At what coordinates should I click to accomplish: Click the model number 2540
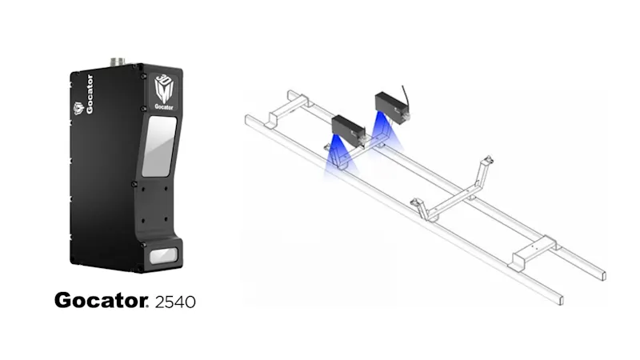174,302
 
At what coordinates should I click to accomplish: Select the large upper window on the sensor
159,146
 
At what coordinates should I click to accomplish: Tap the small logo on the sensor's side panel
78,108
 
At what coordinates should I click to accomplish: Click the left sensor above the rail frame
347,127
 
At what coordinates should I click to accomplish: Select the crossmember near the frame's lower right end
532,249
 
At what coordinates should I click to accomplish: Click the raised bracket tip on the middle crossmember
486,155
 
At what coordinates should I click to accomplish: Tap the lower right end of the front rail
557,300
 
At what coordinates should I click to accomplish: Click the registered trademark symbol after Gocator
147,297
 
